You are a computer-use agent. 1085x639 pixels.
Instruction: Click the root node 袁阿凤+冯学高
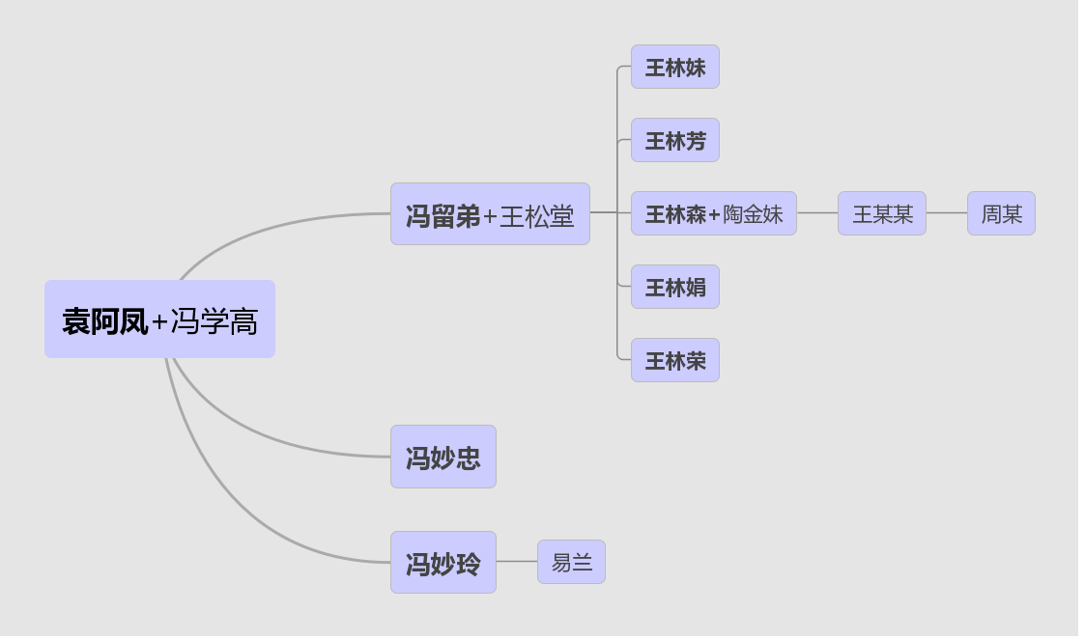(159, 319)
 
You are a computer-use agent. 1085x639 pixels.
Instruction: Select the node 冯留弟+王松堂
(490, 214)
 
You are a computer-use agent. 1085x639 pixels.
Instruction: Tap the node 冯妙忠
(443, 457)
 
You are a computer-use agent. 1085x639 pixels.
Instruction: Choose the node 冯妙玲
(443, 562)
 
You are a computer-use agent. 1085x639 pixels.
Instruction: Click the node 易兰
(571, 562)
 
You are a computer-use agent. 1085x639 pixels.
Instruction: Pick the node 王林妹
(674, 68)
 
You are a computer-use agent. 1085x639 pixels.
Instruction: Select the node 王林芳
(674, 141)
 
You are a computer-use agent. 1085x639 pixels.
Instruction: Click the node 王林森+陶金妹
(713, 213)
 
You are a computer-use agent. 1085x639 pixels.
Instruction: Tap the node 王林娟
(674, 287)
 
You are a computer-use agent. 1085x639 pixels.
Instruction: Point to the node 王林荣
(674, 360)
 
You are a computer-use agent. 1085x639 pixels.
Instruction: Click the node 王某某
(881, 213)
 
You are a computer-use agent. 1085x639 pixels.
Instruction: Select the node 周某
(1001, 213)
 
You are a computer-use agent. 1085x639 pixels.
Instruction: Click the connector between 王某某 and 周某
(947, 213)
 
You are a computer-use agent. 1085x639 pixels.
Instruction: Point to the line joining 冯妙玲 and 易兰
(517, 562)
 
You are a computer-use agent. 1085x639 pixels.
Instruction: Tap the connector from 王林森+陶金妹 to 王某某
(817, 213)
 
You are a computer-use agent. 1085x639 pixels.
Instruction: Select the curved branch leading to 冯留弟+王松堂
(271, 228)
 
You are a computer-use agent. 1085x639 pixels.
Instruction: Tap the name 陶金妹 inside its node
(753, 214)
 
